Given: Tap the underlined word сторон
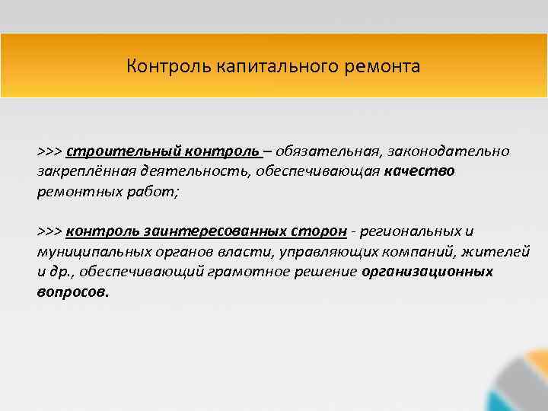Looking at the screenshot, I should point(323,231).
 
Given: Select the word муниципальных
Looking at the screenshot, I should point(88,251).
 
